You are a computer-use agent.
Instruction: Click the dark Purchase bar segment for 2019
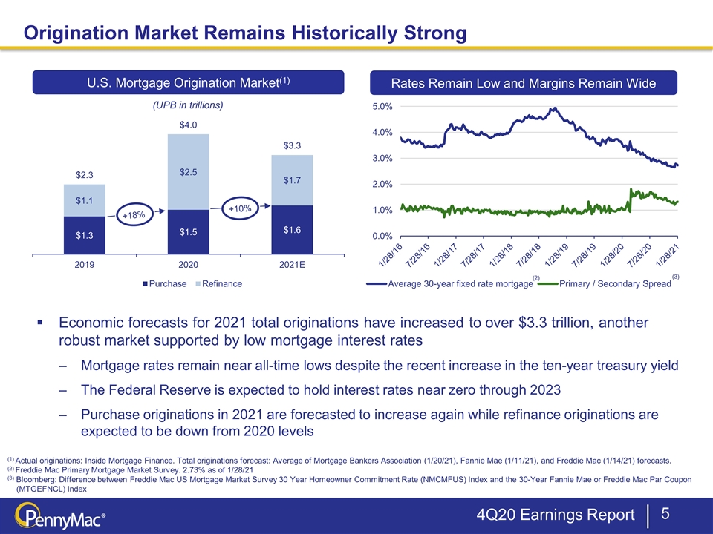84,235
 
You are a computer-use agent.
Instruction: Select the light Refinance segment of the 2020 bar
188,172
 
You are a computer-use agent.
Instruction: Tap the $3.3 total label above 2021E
292,145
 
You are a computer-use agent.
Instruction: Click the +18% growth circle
134,215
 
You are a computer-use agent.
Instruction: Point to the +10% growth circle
240,208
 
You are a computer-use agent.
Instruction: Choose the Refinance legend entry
218,284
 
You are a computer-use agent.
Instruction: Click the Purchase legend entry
165,284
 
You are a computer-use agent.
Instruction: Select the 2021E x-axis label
292,264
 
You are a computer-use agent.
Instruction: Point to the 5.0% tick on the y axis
382,107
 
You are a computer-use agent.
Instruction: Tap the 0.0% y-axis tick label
382,236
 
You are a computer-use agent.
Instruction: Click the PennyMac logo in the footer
60,517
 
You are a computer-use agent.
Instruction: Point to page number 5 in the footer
665,513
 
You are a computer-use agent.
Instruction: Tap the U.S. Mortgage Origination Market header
188,82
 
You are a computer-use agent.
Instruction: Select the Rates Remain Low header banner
524,83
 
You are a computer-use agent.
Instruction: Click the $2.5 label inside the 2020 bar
188,172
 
